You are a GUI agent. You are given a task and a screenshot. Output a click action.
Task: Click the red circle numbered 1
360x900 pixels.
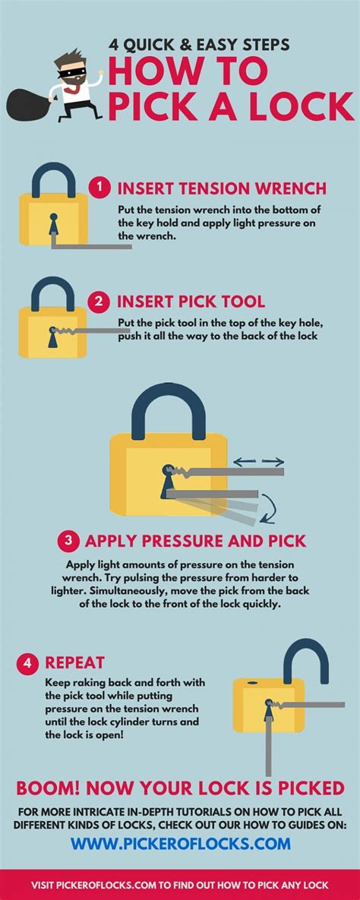pyautogui.click(x=98, y=187)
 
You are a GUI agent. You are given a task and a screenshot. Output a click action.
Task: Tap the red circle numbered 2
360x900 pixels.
pyautogui.click(x=98, y=302)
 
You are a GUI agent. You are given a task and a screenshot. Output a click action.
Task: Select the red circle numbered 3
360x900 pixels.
pyautogui.click(x=68, y=541)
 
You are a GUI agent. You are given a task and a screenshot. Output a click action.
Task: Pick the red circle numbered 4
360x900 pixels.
pyautogui.click(x=27, y=663)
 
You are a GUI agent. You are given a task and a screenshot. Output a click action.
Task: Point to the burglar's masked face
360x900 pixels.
pyautogui.click(x=73, y=68)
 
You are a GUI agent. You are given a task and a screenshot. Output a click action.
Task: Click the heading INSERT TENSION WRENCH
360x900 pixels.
pyautogui.click(x=221, y=188)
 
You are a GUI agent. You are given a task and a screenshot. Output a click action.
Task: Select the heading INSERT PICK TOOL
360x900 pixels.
pyautogui.click(x=190, y=302)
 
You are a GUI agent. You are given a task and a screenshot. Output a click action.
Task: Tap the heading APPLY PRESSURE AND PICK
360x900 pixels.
pyautogui.click(x=195, y=541)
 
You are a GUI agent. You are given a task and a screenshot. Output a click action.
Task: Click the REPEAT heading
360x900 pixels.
pyautogui.click(x=74, y=663)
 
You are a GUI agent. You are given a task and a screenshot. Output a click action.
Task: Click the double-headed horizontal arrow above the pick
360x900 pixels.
pyautogui.click(x=258, y=461)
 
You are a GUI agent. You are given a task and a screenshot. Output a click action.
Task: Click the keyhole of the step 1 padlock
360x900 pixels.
pyautogui.click(x=52, y=226)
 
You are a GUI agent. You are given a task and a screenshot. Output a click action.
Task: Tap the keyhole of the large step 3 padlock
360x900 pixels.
pyautogui.click(x=167, y=483)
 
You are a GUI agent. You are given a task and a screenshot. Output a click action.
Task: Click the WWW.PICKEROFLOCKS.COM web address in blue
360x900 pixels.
pyautogui.click(x=181, y=822)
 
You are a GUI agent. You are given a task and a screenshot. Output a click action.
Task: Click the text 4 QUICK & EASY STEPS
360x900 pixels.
pyautogui.click(x=197, y=45)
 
